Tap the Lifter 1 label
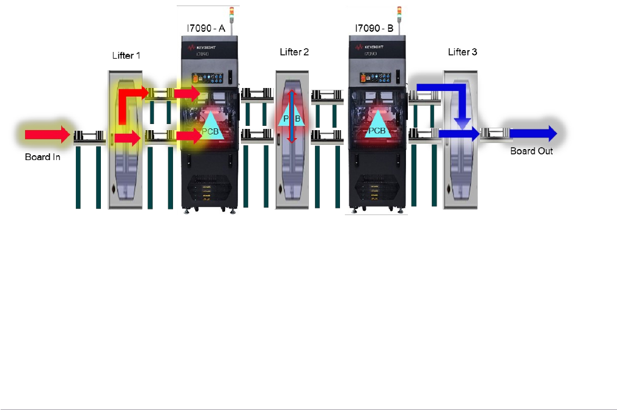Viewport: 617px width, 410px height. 126,56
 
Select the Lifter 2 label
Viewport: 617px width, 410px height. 294,52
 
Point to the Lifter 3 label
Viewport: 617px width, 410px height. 462,52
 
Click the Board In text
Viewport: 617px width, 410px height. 42,156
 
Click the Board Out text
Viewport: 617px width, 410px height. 531,151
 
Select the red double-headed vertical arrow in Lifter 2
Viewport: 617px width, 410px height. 292,117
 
